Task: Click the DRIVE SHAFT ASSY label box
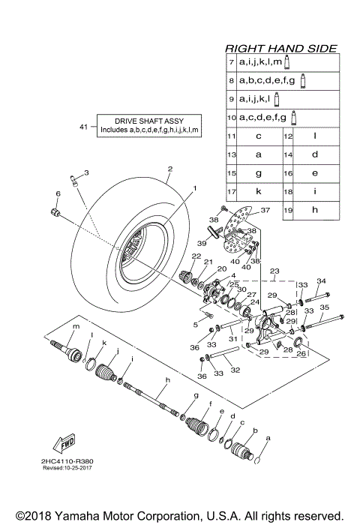tap(148, 125)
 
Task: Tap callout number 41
tap(84, 126)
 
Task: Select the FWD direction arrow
tap(63, 441)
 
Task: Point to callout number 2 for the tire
tap(170, 169)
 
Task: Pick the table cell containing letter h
tap(315, 211)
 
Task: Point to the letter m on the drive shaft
tap(75, 328)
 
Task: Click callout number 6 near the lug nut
tap(56, 193)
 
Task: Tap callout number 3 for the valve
tap(86, 172)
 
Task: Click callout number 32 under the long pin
tap(236, 369)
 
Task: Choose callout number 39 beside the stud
tap(200, 244)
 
